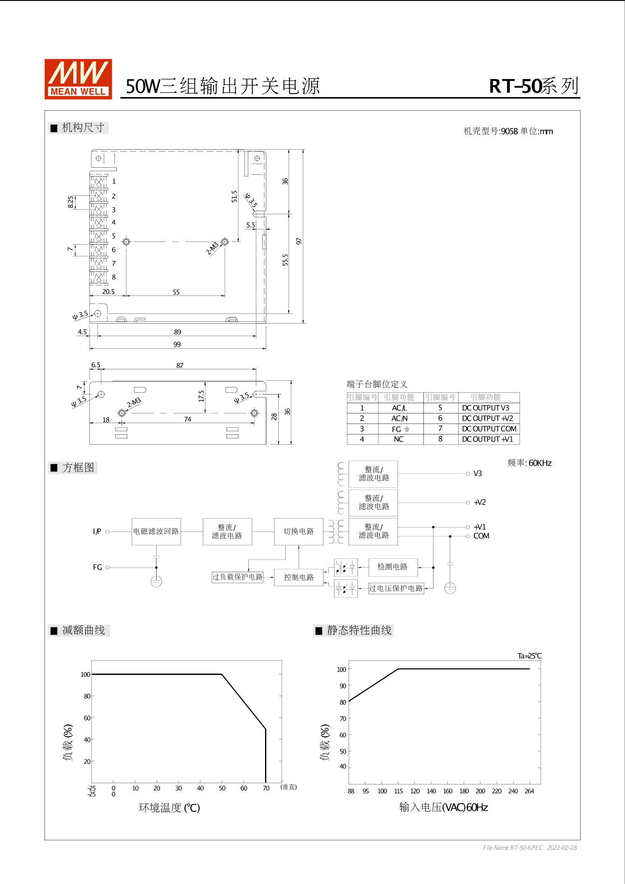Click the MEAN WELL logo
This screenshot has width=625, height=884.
[x=78, y=79]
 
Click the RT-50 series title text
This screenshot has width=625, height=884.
[x=534, y=86]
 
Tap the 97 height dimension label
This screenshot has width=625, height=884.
[x=299, y=241]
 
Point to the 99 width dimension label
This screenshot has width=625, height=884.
[x=177, y=345]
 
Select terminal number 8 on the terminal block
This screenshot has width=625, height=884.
[x=114, y=277]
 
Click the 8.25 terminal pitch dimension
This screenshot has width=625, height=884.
[x=71, y=202]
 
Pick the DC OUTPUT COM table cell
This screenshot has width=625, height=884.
[x=489, y=429]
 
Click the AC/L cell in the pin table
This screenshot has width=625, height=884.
[x=399, y=408]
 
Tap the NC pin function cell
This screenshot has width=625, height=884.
[x=399, y=439]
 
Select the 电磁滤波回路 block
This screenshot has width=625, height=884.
[x=156, y=531]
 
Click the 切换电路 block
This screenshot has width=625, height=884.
[x=299, y=531]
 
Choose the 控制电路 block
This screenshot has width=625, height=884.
[x=299, y=577]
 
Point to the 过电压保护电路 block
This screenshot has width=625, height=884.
[x=396, y=588]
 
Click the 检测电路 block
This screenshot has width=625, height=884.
[x=393, y=567]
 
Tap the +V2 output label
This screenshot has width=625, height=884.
[x=480, y=503]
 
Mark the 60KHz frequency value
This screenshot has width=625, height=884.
[x=540, y=463]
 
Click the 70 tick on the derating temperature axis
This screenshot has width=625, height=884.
[x=266, y=788]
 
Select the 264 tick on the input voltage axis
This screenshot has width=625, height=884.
[x=529, y=791]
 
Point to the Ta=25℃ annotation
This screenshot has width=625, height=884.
[x=529, y=656]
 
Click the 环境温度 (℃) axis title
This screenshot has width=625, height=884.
[x=169, y=808]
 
